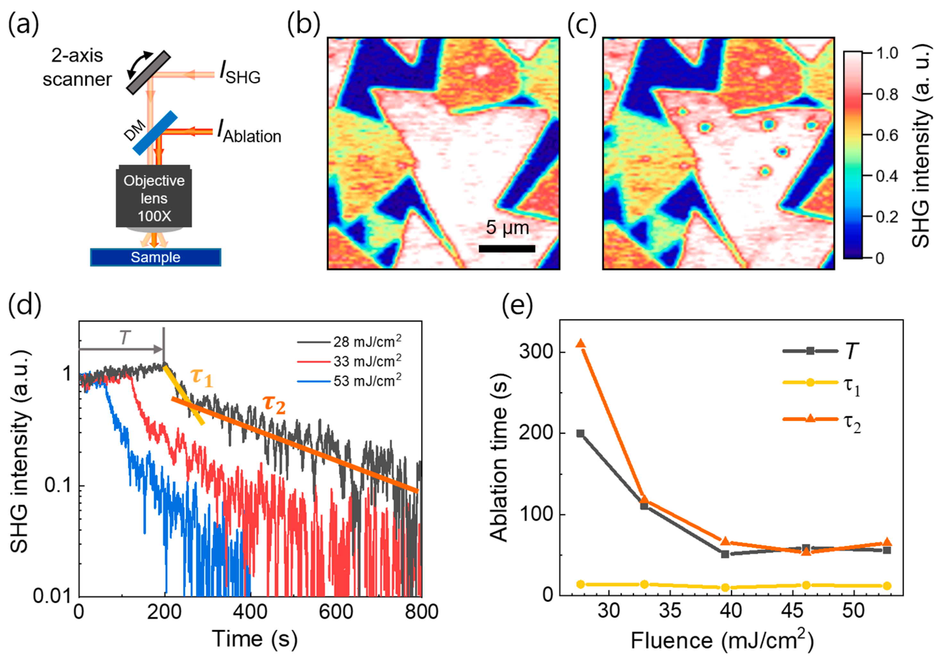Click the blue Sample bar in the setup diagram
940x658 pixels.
tap(155, 257)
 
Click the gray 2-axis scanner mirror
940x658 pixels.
tap(148, 72)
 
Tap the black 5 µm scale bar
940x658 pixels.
tap(507, 248)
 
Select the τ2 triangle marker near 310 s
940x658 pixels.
tap(581, 343)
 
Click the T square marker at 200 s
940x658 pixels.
tap(580, 433)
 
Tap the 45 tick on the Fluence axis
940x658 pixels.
tap(793, 610)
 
